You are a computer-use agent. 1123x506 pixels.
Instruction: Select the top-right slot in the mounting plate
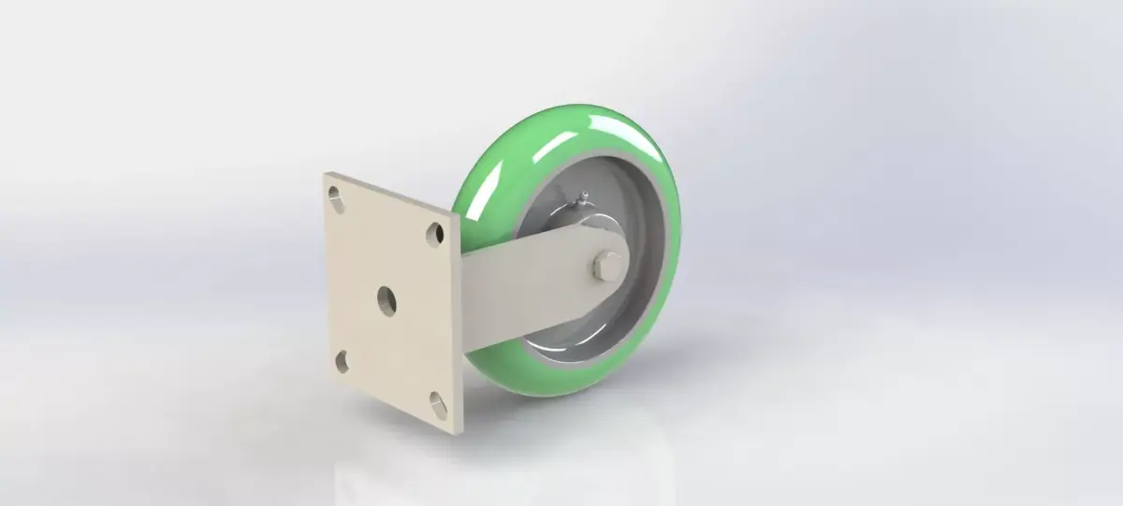coord(435,233)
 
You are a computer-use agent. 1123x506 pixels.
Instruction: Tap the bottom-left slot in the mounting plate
coord(343,360)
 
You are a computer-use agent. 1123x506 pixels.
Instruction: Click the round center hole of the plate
coord(386,298)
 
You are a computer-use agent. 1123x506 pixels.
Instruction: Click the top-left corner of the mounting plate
coord(327,174)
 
